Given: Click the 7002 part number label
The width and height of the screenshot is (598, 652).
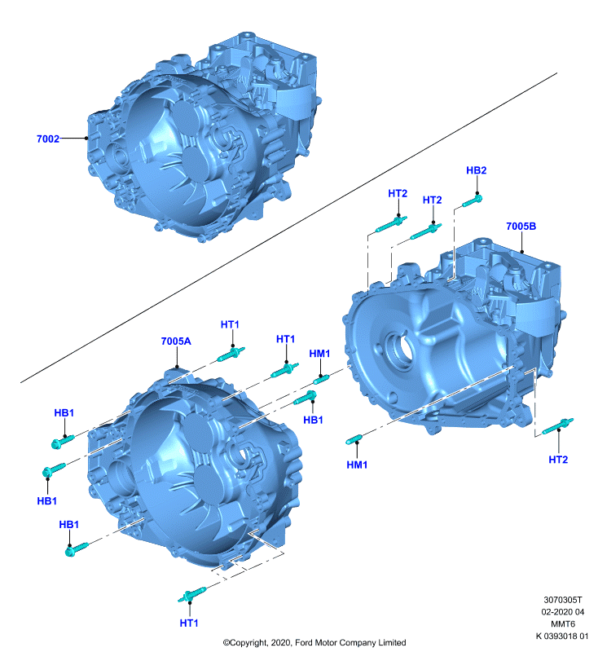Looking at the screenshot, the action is tap(48, 139).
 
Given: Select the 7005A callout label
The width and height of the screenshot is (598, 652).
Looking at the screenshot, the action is tap(176, 341).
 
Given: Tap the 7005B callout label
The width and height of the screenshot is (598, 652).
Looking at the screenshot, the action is tap(521, 227).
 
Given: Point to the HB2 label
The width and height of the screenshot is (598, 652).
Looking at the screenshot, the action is tap(476, 170).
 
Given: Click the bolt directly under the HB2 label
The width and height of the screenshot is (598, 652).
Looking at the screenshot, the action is tap(473, 201).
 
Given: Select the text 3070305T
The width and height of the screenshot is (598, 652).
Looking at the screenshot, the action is tap(563, 600).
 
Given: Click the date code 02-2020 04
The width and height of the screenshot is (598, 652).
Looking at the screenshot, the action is tap(563, 612).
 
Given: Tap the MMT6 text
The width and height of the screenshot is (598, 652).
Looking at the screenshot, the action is tap(563, 623).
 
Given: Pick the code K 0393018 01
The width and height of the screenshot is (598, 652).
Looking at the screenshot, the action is tap(562, 636).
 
